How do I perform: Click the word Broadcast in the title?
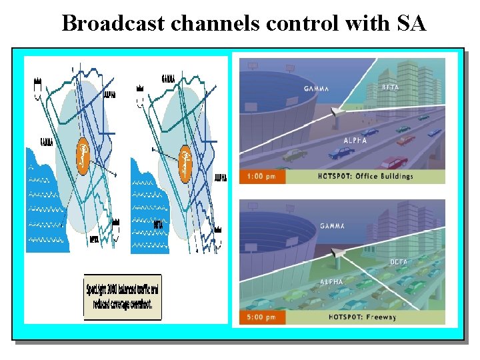(x=114, y=23)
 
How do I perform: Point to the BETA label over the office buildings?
(x=391, y=87)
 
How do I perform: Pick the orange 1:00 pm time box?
(x=262, y=177)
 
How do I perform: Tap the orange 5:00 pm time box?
(x=262, y=317)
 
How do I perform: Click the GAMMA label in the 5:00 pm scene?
(x=331, y=226)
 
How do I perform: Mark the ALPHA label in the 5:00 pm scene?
(x=331, y=282)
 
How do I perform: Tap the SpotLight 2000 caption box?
(x=122, y=297)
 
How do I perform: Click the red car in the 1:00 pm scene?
(x=393, y=163)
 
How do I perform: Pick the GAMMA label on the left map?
(x=46, y=142)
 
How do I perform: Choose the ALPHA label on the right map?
(x=221, y=178)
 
